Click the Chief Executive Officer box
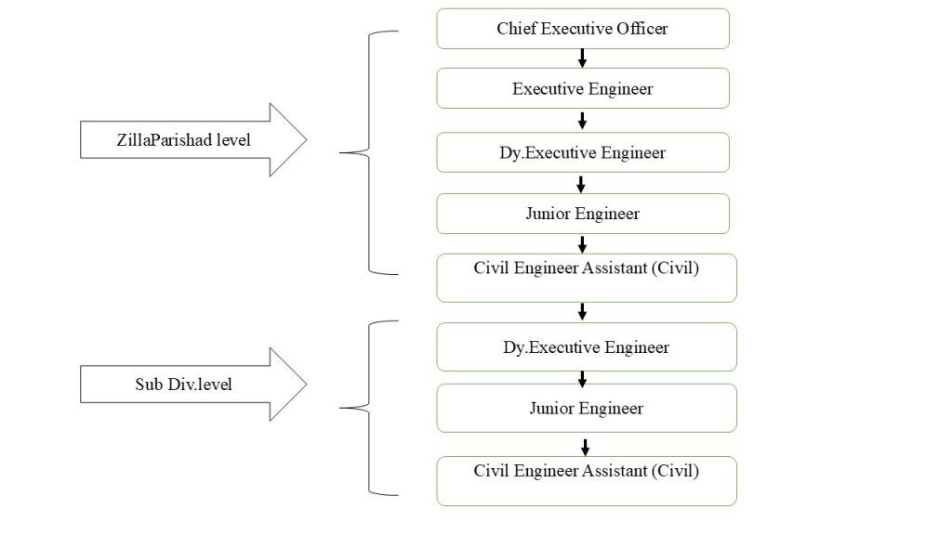click(583, 29)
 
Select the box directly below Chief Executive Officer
click(583, 88)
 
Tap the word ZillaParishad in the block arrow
click(164, 140)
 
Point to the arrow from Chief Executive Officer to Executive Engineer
click(582, 59)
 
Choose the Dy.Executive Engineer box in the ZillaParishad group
click(583, 152)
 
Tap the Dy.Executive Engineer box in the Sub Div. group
click(587, 347)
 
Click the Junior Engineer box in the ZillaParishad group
click(583, 214)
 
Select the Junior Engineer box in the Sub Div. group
click(587, 409)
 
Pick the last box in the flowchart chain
click(587, 481)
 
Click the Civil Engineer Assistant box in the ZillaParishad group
click(587, 278)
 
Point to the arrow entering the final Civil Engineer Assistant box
click(586, 448)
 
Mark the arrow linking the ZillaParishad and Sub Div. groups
click(582, 312)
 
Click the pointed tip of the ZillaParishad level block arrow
click(307, 139)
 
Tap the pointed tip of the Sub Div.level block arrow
click(307, 384)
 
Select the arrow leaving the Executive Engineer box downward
click(582, 121)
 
